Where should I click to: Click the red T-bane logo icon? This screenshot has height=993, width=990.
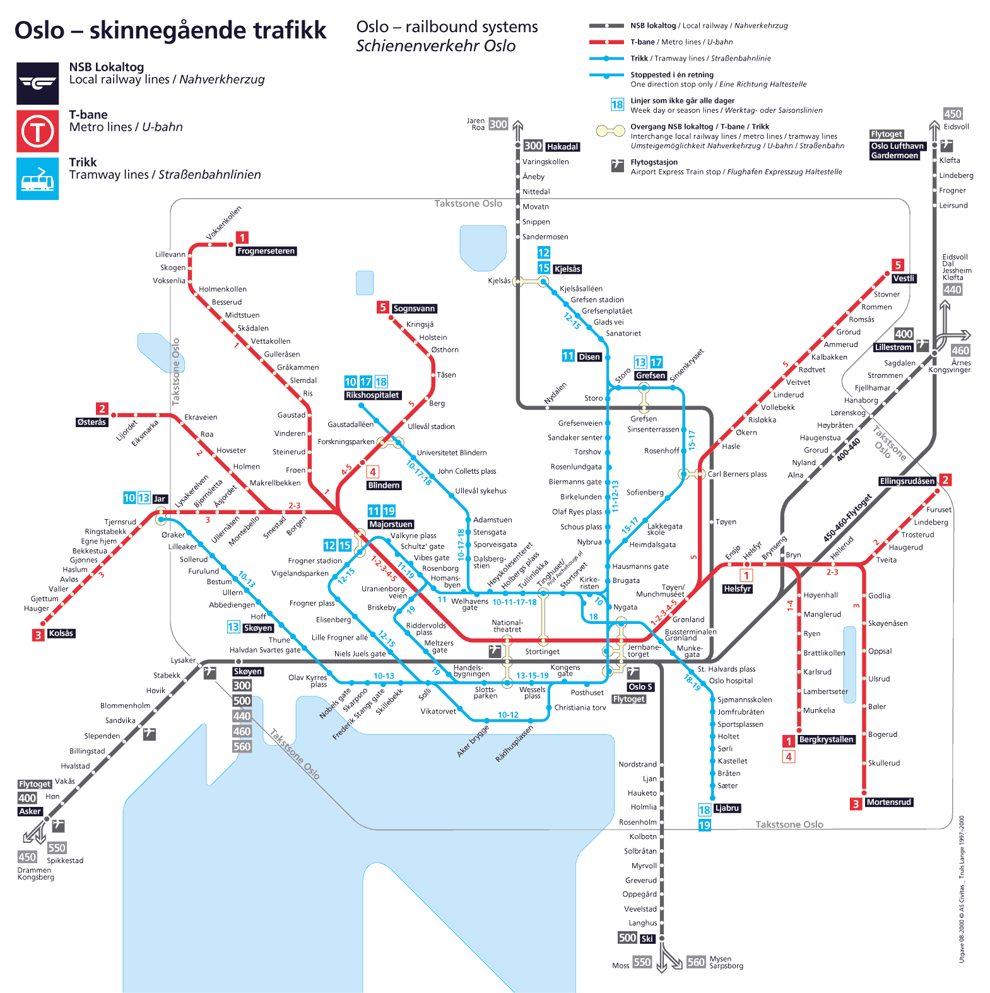[x=38, y=131]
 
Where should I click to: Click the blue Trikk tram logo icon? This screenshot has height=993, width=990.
[x=38, y=179]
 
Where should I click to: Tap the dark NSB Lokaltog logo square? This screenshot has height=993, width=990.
[x=38, y=83]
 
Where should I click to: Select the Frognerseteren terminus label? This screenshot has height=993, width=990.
[x=266, y=251]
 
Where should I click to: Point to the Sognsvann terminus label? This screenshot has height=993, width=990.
[x=414, y=308]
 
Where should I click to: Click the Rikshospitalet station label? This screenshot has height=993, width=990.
[x=372, y=396]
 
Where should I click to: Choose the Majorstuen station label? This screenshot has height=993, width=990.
[x=391, y=524]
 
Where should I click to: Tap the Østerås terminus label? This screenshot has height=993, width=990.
[x=91, y=422]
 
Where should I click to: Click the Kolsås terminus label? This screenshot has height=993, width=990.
[x=61, y=633]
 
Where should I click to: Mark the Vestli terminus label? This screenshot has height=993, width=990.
[x=904, y=278]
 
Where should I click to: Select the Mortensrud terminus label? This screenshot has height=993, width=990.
[x=888, y=802]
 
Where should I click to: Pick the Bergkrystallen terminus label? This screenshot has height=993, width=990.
[x=826, y=739]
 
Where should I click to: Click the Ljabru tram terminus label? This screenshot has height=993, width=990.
[x=727, y=808]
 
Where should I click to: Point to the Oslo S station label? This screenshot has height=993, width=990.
[x=640, y=687]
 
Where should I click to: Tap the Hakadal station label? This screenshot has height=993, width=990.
[x=562, y=147]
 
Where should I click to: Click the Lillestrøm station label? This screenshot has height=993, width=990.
[x=893, y=348]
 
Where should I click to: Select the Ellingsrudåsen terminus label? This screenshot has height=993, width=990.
[x=907, y=481]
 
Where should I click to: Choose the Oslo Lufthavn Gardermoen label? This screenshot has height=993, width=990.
[x=898, y=151]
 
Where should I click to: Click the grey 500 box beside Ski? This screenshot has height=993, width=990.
[x=627, y=938]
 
